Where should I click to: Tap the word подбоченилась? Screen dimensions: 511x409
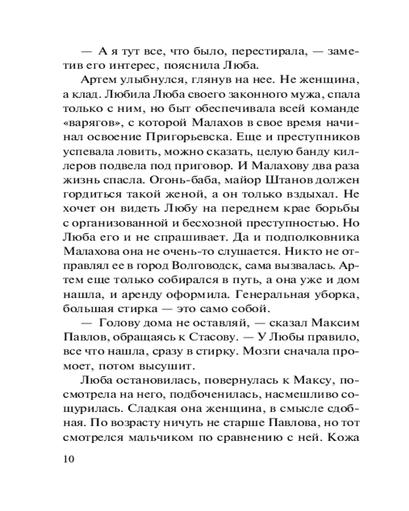pos(198,394)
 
